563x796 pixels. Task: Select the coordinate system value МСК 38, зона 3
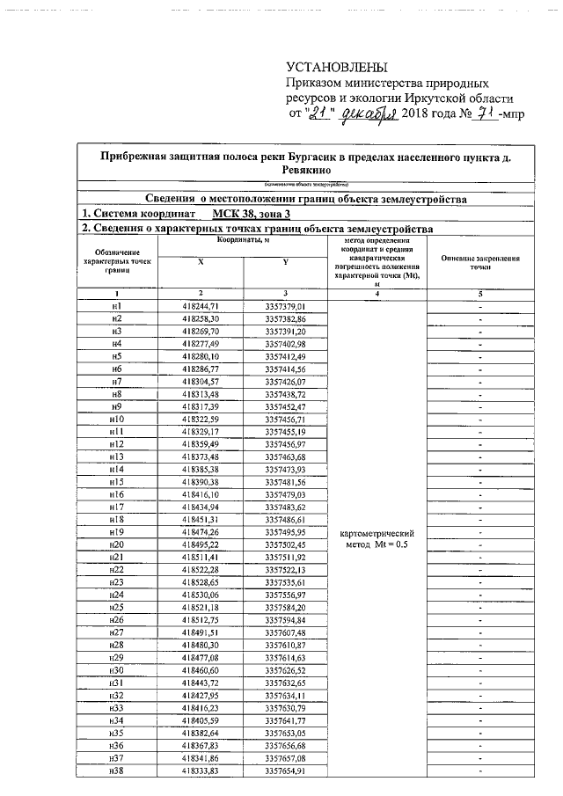coord(257,214)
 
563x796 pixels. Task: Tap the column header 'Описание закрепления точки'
coord(479,261)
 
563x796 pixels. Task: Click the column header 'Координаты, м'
coord(242,240)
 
